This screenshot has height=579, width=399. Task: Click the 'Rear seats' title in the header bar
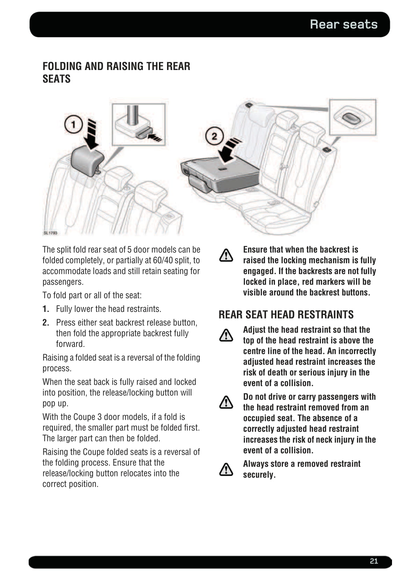pos(343,24)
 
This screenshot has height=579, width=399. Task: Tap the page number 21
pos(373,561)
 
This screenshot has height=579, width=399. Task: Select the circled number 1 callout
pos(73,125)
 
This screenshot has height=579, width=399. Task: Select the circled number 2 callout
pos(214,136)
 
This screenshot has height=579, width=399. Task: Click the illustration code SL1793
pos(50,233)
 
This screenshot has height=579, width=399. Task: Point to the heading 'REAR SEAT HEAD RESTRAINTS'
pos(286,314)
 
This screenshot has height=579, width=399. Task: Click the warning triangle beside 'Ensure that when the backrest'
pos(226,255)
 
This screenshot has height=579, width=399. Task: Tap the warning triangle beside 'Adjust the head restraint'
pos(226,335)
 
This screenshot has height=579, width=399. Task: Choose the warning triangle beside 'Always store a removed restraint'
pos(226,469)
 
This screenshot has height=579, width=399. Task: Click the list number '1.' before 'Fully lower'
pos(46,309)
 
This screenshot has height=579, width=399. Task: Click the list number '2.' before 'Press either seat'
pos(46,323)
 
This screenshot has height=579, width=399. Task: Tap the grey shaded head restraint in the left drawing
pos(87,161)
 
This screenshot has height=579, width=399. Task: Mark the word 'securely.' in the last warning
pos(259,475)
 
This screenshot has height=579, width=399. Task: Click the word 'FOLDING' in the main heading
pos(62,66)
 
